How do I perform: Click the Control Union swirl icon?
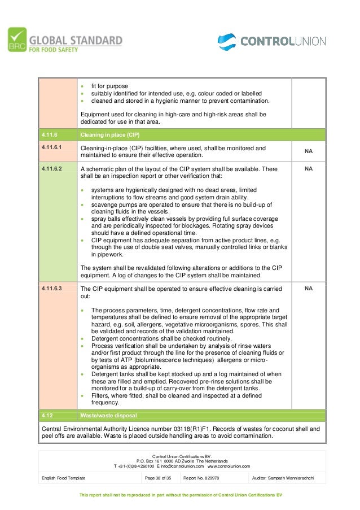pyautogui.click(x=227, y=42)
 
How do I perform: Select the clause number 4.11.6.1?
pyautogui.click(x=52, y=148)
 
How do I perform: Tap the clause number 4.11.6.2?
pyautogui.click(x=52, y=168)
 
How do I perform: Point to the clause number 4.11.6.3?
pyautogui.click(x=52, y=288)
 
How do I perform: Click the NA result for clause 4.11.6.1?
pyautogui.click(x=309, y=151)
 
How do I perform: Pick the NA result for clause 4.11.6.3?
pyautogui.click(x=309, y=288)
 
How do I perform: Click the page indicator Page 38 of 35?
pyautogui.click(x=158, y=478)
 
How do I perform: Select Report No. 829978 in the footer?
pyautogui.click(x=201, y=478)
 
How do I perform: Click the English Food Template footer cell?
pyautogui.click(x=64, y=478)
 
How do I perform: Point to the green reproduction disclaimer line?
pyautogui.click(x=180, y=495)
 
